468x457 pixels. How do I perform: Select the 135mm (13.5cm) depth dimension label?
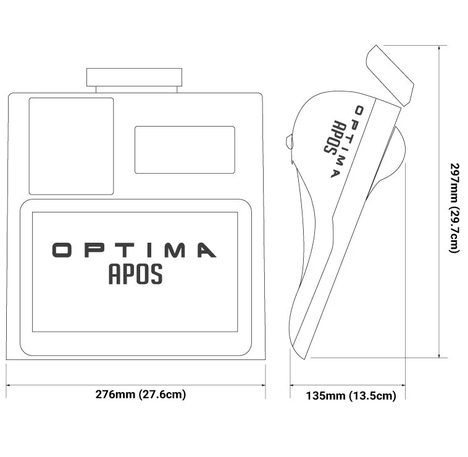(351, 396)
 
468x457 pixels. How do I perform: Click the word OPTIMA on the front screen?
(133, 250)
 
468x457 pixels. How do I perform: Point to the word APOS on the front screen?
(136, 274)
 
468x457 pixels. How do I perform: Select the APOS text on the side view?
(330, 136)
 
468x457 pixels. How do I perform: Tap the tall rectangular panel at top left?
(71, 146)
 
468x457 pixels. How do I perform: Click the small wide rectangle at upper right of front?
(185, 149)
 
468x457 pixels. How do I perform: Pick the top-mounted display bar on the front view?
(135, 78)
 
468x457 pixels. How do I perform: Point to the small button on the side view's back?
(290, 141)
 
